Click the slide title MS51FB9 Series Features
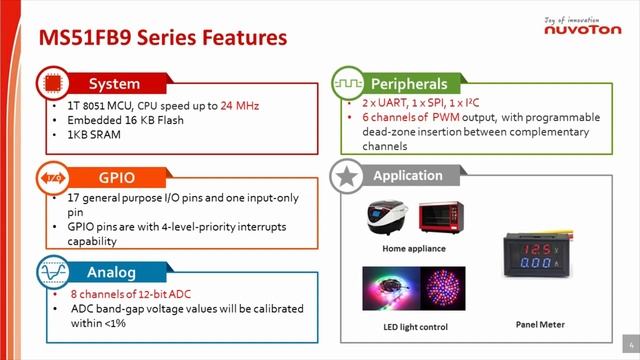[162, 38]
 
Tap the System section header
[114, 83]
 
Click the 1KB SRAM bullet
[93, 134]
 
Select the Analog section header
[111, 271]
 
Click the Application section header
[407, 176]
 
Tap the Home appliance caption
[413, 247]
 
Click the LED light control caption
[413, 327]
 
